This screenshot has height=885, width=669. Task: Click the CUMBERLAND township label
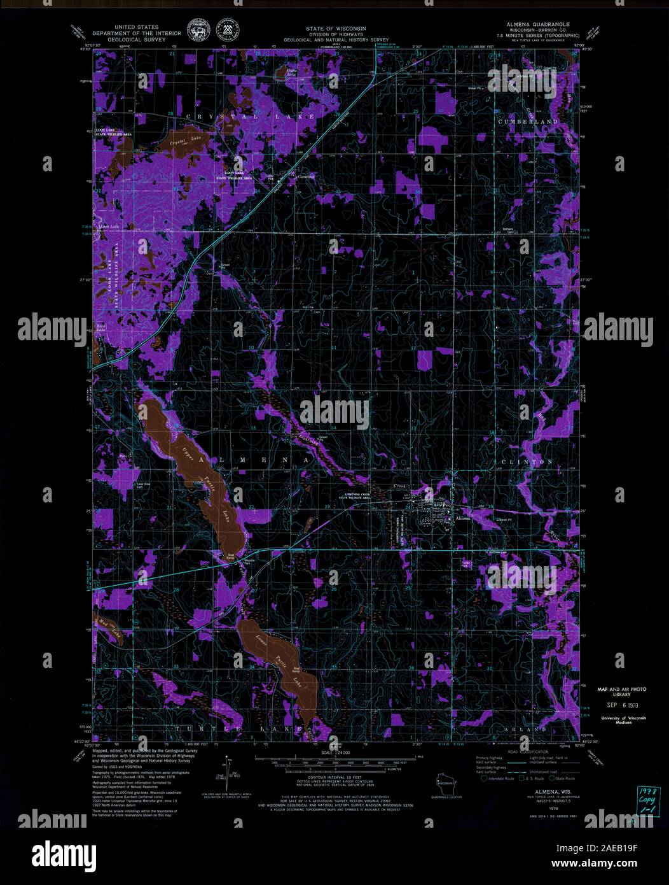pos(528,121)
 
